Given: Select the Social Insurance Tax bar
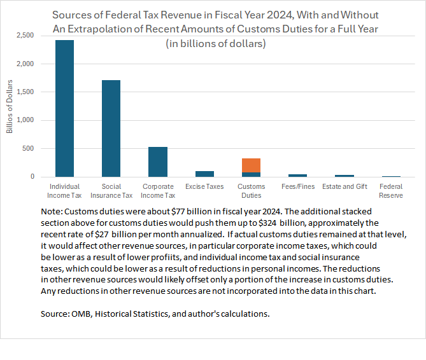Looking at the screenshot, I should pos(111,128).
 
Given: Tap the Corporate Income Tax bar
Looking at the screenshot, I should pos(157,162).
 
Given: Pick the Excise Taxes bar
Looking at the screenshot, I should pos(204,174).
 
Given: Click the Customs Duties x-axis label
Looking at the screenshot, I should pos(251,191).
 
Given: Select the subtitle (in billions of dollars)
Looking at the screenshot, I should pos(215,43).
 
